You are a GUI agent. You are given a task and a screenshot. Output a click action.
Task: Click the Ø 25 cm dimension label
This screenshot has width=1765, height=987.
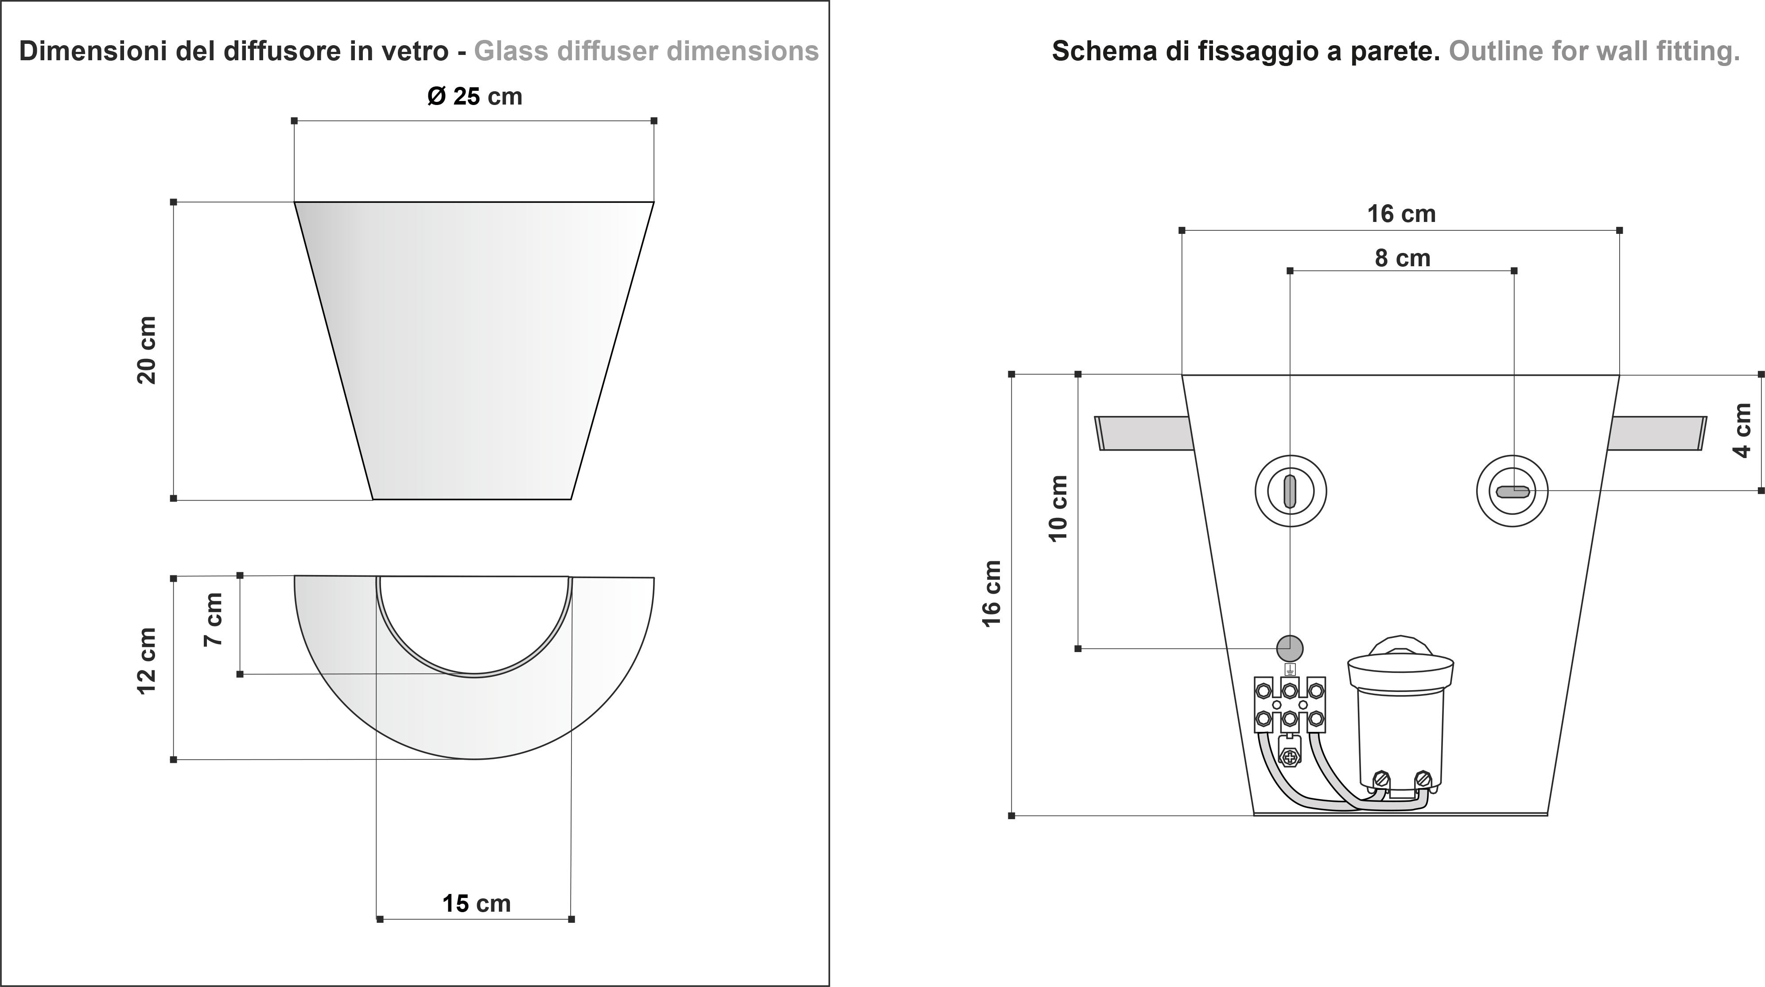pyautogui.click(x=474, y=96)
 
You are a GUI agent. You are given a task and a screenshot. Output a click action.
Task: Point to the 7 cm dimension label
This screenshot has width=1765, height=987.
pyautogui.click(x=214, y=619)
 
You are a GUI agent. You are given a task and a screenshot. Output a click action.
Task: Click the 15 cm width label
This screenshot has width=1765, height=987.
pyautogui.click(x=476, y=903)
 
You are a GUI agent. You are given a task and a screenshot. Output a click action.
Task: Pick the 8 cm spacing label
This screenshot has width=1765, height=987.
pyautogui.click(x=1403, y=258)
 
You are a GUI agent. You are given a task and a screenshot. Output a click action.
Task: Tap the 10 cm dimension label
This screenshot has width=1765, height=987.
pyautogui.click(x=1058, y=508)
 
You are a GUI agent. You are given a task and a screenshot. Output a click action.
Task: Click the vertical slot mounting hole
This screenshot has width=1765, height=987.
pyautogui.click(x=1290, y=491)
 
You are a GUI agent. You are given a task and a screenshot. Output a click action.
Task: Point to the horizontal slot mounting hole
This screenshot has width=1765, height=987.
pyautogui.click(x=1512, y=491)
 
